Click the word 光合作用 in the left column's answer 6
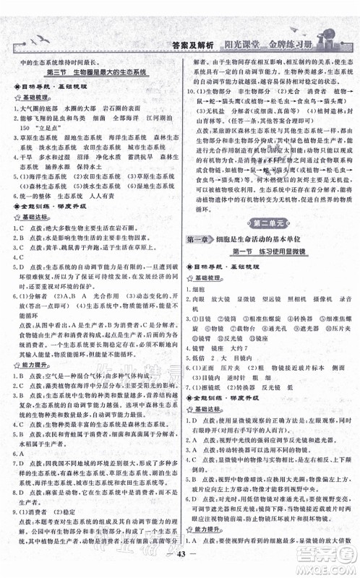click(x=86, y=296)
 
